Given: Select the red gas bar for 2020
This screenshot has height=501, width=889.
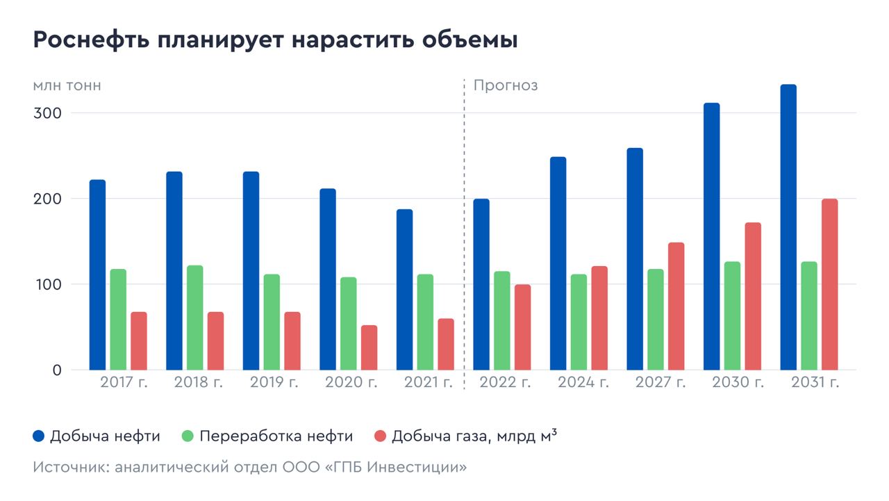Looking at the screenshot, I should point(369,347).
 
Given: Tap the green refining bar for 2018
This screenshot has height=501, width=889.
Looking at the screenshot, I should point(195,318).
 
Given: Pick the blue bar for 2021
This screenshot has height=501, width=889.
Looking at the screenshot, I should point(404,290).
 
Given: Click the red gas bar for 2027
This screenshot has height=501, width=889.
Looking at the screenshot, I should point(676,306).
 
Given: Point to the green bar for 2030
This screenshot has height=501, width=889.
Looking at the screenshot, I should point(732,315).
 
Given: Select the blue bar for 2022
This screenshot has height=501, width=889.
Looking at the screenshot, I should point(481,284).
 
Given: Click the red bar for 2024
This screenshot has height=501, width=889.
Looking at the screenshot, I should point(599,318).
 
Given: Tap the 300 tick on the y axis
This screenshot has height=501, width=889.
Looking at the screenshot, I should point(47,113).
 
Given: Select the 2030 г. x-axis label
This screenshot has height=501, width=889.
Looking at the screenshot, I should point(738,383).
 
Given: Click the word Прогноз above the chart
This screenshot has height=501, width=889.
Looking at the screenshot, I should point(506,85).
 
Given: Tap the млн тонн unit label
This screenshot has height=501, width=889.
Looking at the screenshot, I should point(67,85).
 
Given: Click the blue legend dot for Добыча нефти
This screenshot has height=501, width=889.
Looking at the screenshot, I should point(39,436).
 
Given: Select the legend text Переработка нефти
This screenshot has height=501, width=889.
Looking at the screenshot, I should point(276,436).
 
